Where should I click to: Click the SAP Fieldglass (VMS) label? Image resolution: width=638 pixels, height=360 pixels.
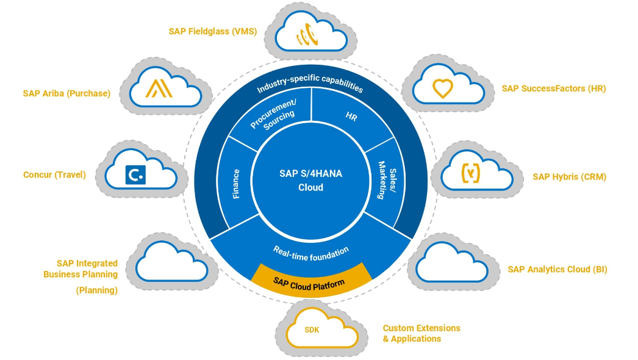[x=212, y=31]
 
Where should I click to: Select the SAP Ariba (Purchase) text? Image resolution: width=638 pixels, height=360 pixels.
[x=66, y=93]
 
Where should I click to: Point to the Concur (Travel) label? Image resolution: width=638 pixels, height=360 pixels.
[x=54, y=175]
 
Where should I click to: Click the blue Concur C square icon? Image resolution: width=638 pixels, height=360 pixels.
[x=135, y=175]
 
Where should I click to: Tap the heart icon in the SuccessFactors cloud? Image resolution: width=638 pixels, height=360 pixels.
[x=442, y=88]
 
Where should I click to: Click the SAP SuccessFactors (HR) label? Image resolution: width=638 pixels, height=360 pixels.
[x=554, y=88]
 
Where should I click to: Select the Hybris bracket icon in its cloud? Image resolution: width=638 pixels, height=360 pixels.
[x=470, y=174]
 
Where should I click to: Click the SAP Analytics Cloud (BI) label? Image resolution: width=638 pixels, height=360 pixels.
[x=557, y=269]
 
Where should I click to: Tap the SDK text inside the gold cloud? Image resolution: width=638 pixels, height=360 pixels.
[x=312, y=330]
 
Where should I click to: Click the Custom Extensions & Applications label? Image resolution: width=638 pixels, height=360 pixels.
[x=421, y=333]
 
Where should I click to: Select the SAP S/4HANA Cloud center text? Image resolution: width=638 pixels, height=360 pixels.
[x=310, y=181]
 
